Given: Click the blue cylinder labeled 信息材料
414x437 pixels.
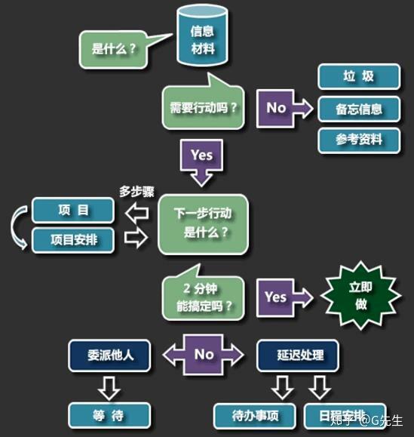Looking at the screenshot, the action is click(x=202, y=35).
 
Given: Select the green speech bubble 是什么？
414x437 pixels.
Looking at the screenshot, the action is click(x=114, y=50).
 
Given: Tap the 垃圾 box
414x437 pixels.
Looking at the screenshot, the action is click(x=359, y=76).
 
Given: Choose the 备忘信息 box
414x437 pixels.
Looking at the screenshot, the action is click(x=359, y=109).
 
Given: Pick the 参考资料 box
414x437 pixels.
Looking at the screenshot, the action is click(x=359, y=140).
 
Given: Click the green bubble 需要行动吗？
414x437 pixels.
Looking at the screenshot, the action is click(x=204, y=107).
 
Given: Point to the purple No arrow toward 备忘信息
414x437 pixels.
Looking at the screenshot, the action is click(x=284, y=108).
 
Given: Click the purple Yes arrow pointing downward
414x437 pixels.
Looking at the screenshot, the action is click(x=201, y=162).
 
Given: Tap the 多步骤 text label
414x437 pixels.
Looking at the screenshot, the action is click(x=136, y=192).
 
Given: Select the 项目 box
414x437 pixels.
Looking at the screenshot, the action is click(x=73, y=210).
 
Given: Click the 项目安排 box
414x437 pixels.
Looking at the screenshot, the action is click(x=73, y=240).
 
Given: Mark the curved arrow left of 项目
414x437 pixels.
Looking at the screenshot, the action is click(x=16, y=227).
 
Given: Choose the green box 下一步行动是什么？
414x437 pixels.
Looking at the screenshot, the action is click(x=204, y=224).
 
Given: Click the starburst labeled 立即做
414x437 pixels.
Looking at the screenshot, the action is click(x=360, y=296).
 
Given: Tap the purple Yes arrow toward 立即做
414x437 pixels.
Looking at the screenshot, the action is click(x=284, y=297).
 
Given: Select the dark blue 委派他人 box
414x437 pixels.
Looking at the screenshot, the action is click(x=109, y=355).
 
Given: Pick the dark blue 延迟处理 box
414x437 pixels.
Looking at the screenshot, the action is click(x=298, y=355).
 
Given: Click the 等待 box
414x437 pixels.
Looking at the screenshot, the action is click(x=109, y=416).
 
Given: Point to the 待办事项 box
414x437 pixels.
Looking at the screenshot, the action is click(x=255, y=416).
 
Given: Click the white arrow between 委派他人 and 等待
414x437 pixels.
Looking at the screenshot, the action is click(x=109, y=389).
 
